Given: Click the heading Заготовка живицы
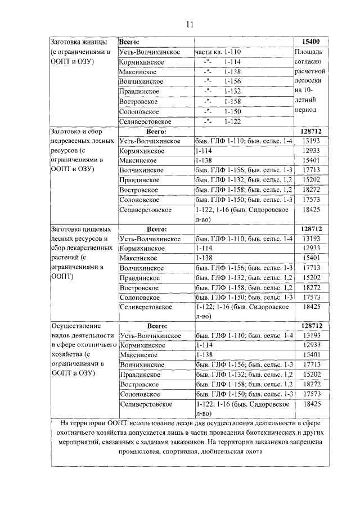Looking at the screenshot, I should pos(76,43).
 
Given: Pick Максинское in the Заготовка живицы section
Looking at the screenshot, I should pos(138,72).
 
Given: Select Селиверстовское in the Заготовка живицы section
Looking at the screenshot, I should pos(146,121).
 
